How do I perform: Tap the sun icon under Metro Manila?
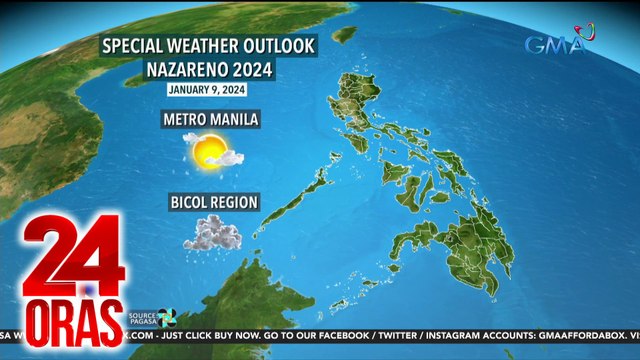pyautogui.click(x=210, y=151)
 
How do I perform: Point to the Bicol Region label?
pyautogui.click(x=213, y=203)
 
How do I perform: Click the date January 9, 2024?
pyautogui.click(x=209, y=90)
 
